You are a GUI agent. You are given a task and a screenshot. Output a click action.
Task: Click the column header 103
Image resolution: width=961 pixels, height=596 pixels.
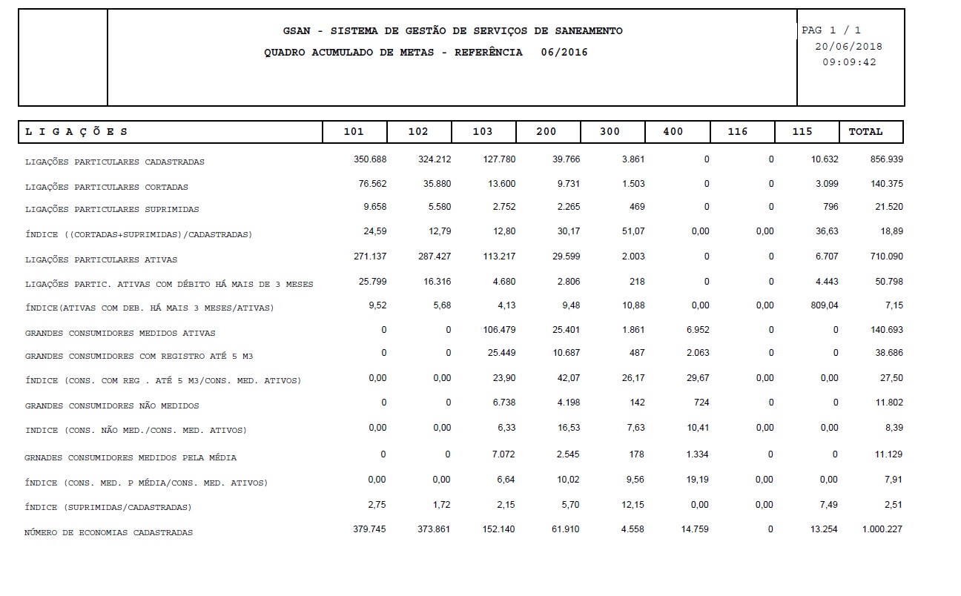(482, 132)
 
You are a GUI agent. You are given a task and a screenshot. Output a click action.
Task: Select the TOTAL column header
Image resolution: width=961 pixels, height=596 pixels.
(865, 132)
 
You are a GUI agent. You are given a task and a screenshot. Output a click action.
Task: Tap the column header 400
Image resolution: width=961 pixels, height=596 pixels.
(673, 132)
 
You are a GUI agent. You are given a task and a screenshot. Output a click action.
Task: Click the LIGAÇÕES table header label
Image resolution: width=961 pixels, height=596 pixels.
(76, 132)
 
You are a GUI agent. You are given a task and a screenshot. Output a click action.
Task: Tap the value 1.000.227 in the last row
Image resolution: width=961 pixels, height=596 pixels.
(882, 529)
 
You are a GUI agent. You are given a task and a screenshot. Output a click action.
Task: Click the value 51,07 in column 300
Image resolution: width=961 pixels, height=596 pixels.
(633, 231)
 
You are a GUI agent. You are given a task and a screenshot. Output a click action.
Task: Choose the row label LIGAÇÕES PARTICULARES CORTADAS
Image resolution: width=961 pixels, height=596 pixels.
(107, 188)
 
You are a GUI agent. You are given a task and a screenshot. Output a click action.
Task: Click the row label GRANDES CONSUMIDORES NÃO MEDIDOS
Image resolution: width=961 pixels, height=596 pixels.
(112, 406)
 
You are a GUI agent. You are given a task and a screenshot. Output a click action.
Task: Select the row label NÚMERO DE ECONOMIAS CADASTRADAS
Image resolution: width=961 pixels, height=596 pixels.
(108, 533)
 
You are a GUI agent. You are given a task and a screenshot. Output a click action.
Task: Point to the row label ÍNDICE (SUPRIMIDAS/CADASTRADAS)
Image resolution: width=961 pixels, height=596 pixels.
(108, 508)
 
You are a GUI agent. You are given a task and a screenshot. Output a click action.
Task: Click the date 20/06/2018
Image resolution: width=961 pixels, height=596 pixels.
(848, 46)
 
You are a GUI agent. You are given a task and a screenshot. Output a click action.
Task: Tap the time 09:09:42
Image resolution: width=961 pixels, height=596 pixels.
(849, 62)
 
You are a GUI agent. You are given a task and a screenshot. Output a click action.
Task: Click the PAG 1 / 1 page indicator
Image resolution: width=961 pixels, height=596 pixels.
(831, 30)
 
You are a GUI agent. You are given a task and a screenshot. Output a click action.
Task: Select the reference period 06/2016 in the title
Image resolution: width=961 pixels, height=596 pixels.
(564, 53)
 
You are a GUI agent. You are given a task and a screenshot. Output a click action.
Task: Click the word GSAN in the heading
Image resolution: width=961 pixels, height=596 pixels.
(298, 31)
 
